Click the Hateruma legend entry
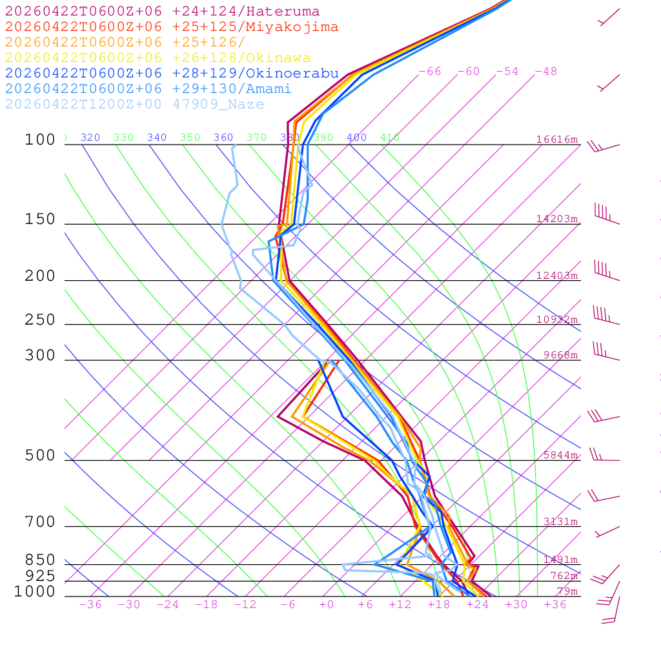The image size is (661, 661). coord(162,12)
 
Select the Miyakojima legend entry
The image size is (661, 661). coord(171,27)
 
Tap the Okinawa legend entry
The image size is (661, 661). coord(158,58)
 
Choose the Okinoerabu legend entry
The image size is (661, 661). coord(171,74)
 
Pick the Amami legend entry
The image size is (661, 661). coord(148,89)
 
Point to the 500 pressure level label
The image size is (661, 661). coord(40,456)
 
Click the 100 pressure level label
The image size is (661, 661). coord(40,140)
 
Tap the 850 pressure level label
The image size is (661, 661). coord(40,560)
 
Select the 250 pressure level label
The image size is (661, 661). coord(40,320)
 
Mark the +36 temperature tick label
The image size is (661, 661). coord(555,604)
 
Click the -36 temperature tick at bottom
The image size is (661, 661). coord(90,604)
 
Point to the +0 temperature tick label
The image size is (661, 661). coord(327,604)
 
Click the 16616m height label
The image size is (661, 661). coord(557,139)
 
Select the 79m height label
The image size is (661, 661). coord(567,591)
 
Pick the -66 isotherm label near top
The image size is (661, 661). coord(430,72)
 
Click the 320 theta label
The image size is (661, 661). coord(90,137)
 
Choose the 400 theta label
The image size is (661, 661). coord(356,137)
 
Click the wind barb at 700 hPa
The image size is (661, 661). coord(607,531)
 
